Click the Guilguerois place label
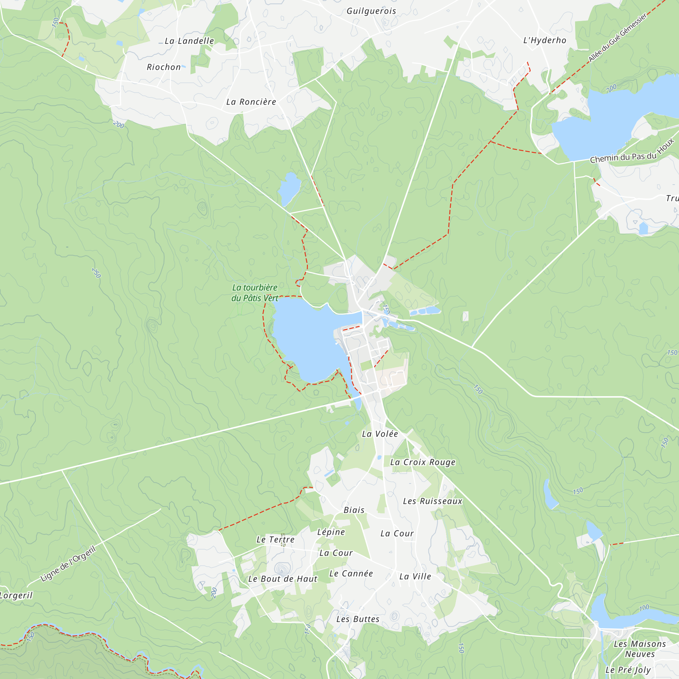(371, 11)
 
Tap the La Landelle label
(189, 41)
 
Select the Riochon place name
(164, 67)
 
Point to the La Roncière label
(251, 102)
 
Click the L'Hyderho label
(545, 40)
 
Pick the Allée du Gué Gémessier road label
(617, 38)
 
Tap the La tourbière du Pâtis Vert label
(255, 293)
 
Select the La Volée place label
(380, 434)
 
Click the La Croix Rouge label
(423, 462)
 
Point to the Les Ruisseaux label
(433, 501)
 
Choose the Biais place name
(354, 510)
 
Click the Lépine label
(331, 532)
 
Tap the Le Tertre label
(276, 539)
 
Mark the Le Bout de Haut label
(282, 579)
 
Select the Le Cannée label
(351, 573)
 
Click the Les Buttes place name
(358, 619)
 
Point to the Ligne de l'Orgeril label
(68, 563)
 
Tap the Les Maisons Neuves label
(640, 649)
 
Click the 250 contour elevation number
(96, 273)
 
